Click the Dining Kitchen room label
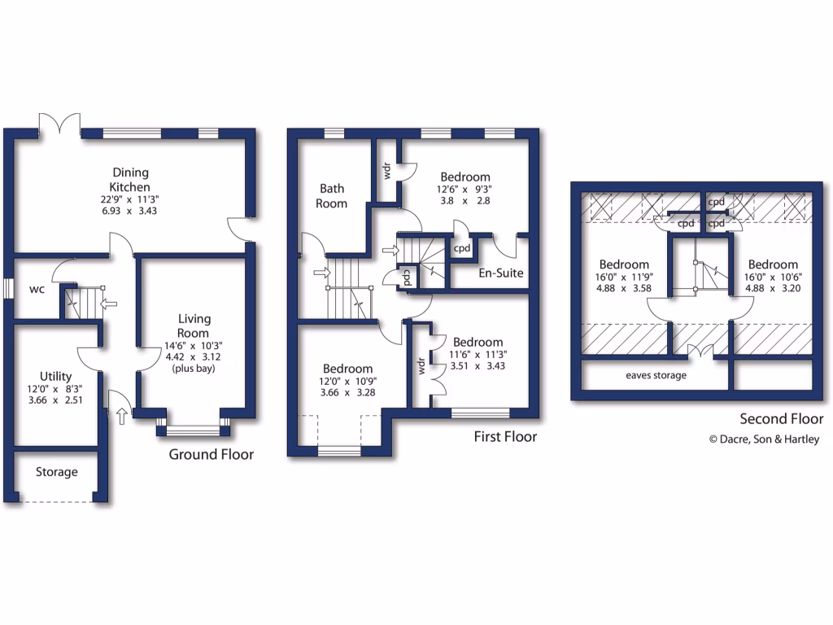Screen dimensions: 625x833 pyautogui.click(x=130, y=180)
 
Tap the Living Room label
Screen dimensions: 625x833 pyautogui.click(x=194, y=326)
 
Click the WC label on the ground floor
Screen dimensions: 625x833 pyautogui.click(x=37, y=289)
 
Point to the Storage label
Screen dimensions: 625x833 pyautogui.click(x=56, y=472)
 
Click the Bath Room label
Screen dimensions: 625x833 pyautogui.click(x=332, y=195)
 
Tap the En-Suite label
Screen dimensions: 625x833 pyautogui.click(x=500, y=273)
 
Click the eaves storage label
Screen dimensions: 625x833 pyautogui.click(x=656, y=375)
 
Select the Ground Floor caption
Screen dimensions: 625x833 pyautogui.click(x=211, y=454)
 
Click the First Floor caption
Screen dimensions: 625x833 pyautogui.click(x=505, y=437)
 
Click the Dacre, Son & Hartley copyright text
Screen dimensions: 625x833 pyautogui.click(x=764, y=439)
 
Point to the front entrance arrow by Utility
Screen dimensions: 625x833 pyautogui.click(x=122, y=417)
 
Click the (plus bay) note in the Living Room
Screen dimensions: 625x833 pyautogui.click(x=194, y=368)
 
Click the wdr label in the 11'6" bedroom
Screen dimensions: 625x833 pyautogui.click(x=422, y=365)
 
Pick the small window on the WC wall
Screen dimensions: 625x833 pyautogui.click(x=7, y=290)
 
